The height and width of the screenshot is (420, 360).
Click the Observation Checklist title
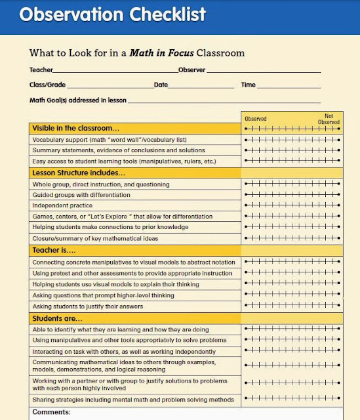(x=112, y=14)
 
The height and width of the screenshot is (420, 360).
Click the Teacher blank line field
(x=115, y=71)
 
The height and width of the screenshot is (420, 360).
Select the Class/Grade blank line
(x=109, y=86)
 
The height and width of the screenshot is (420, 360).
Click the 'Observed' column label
(x=256, y=119)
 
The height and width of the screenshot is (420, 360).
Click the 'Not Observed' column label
(x=329, y=119)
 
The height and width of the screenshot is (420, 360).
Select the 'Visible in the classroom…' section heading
(x=76, y=129)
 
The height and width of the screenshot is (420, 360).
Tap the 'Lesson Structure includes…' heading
(x=79, y=173)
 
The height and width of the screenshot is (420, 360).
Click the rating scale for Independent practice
(x=292, y=206)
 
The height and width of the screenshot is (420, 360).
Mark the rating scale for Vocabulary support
(x=292, y=140)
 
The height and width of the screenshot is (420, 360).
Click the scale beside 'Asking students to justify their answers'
(x=292, y=306)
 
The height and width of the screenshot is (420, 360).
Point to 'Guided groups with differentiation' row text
(x=81, y=195)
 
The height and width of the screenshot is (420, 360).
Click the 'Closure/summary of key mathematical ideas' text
(x=95, y=238)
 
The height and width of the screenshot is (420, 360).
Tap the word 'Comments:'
(x=51, y=413)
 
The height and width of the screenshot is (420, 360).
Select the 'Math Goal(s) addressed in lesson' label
(x=77, y=100)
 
